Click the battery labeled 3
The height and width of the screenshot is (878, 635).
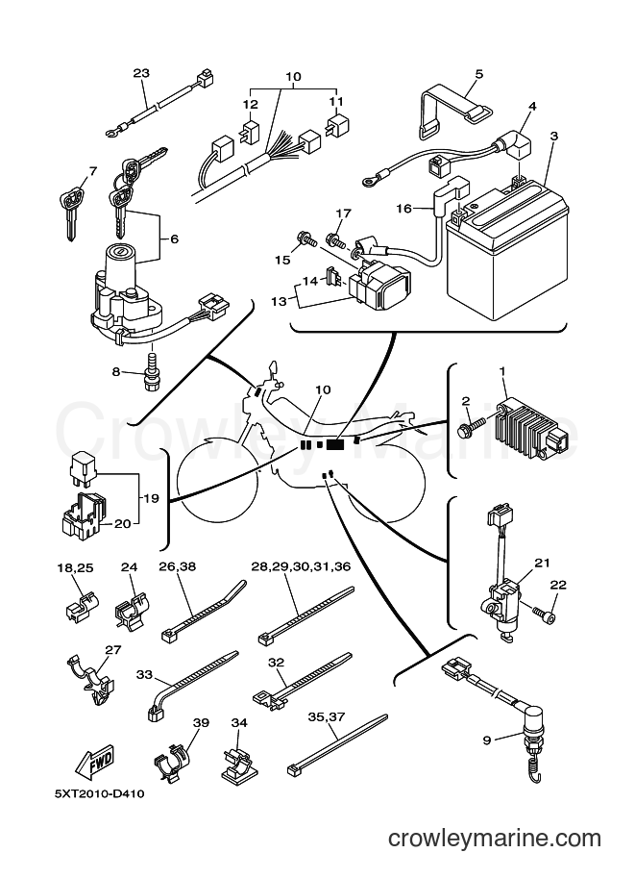(506, 250)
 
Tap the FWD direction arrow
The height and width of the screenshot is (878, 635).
(96, 761)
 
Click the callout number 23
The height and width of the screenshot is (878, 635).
(141, 73)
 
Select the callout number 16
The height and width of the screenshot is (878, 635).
(403, 209)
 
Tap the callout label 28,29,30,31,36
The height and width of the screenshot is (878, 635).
(301, 566)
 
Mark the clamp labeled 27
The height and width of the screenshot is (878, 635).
(89, 675)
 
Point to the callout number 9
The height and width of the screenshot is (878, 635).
(487, 740)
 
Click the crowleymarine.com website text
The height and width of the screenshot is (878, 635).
(495, 839)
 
